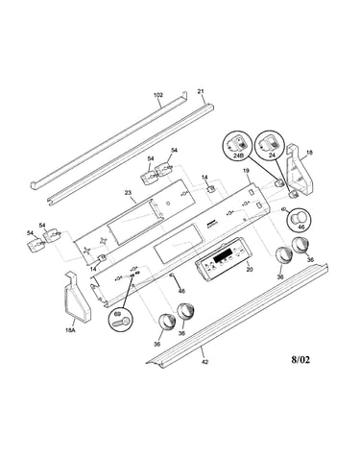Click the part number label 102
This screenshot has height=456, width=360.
coord(158,95)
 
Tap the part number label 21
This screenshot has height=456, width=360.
coord(201,91)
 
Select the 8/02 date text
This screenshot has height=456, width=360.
coord(300,360)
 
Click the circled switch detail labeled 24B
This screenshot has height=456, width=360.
coord(237,145)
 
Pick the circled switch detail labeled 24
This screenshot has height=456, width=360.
coord(271,145)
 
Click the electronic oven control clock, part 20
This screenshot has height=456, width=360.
coord(222,259)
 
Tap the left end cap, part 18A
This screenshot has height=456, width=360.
coord(77,297)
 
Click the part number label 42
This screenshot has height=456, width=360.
coord(205,362)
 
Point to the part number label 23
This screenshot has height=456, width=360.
coord(128,193)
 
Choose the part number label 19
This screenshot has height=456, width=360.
coord(246,171)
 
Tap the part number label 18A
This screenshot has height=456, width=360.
coord(70,330)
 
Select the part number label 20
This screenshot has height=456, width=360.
coord(250,270)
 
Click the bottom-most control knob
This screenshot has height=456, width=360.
coord(167,322)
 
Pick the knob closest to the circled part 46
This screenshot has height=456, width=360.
coord(300,245)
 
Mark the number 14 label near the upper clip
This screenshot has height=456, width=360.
coord(204,177)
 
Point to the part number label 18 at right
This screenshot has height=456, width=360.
coord(309,153)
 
